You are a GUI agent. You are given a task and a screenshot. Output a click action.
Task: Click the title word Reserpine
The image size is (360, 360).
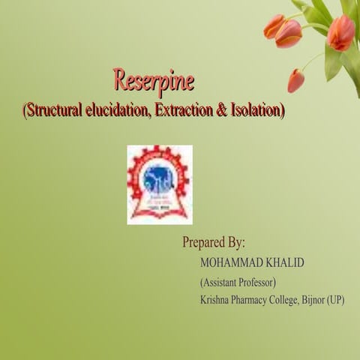(153, 79)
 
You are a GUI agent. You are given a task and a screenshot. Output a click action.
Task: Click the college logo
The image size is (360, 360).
(159, 184)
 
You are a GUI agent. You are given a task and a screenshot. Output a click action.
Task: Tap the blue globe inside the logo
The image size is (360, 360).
(159, 178)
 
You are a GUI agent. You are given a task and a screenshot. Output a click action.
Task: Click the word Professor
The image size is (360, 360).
(259, 283)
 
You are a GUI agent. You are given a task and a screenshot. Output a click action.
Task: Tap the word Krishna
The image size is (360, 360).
(217, 300)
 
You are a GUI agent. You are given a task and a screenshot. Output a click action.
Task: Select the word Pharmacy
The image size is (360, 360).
(257, 300)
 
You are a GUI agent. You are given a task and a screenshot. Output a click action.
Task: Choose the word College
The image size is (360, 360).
(298, 300)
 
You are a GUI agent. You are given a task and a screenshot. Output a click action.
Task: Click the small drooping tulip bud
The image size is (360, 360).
(295, 80)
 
